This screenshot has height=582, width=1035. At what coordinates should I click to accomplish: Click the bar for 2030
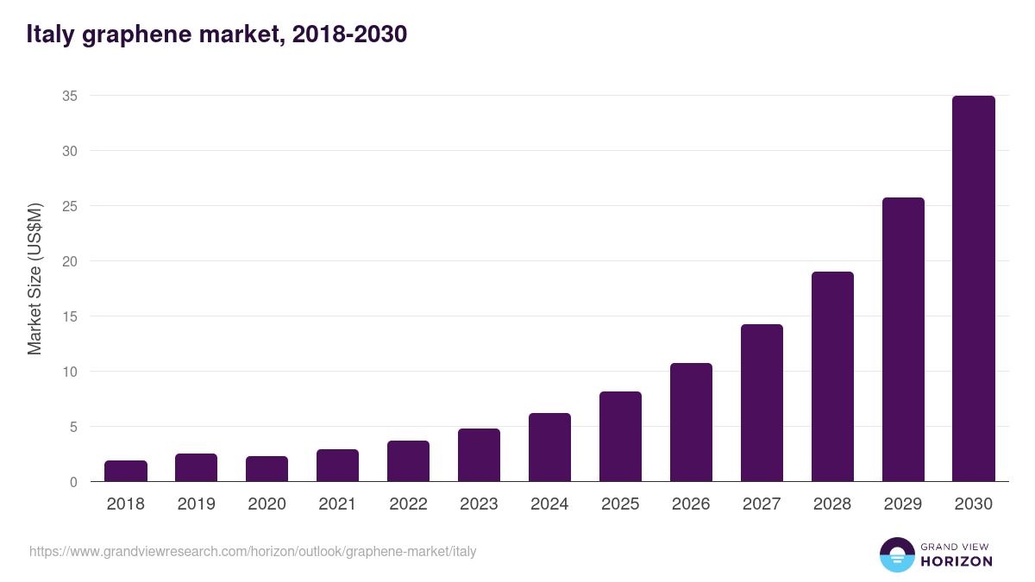[974, 289]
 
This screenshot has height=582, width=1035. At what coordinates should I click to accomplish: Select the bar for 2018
[126, 472]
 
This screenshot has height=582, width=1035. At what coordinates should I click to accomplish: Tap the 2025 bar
[621, 437]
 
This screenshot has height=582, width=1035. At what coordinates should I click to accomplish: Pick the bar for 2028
[832, 377]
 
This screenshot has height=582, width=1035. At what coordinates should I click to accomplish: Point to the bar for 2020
[267, 469]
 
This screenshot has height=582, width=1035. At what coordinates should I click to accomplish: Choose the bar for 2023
[479, 455]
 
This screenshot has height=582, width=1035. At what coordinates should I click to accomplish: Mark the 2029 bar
[903, 340]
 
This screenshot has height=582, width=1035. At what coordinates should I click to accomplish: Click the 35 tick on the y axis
[70, 96]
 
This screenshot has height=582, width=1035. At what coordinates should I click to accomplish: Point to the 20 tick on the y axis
[70, 261]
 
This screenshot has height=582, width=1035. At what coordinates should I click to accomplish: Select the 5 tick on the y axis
[73, 427]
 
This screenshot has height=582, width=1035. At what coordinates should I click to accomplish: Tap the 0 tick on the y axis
[73, 482]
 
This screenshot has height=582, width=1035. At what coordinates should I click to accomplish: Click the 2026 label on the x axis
[691, 504]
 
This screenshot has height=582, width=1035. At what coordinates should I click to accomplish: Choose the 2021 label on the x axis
[337, 504]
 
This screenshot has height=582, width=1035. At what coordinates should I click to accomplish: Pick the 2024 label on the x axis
[549, 504]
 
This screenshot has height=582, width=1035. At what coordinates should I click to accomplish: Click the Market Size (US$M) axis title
[34, 278]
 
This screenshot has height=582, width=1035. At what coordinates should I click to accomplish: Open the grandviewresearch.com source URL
[253, 551]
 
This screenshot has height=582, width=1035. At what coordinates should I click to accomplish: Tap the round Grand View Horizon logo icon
[897, 554]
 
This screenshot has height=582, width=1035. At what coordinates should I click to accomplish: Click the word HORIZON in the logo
[957, 561]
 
